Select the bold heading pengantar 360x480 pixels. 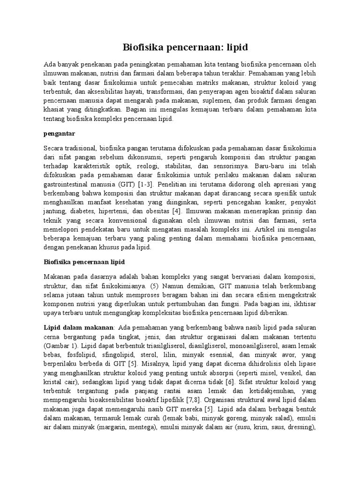[x=59, y=134]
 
